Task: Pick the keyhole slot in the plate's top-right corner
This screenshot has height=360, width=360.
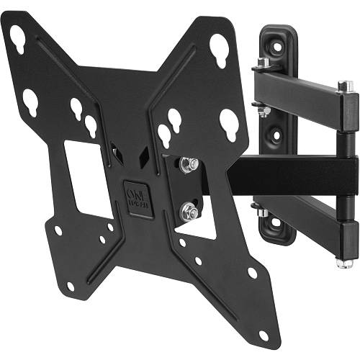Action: [220, 50]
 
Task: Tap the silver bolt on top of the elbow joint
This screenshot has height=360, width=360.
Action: [346, 86]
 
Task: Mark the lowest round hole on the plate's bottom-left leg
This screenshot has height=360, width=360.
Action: [70, 286]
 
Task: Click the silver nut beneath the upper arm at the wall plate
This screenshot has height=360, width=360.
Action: [264, 111]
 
